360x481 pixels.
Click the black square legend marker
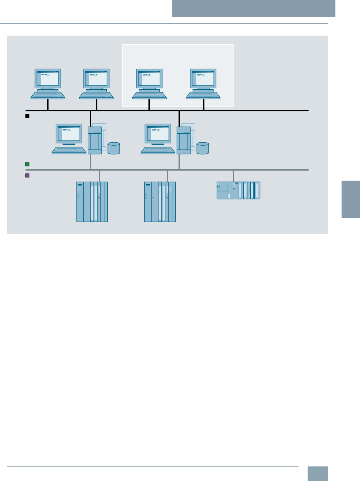(x=27, y=116)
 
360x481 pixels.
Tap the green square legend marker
(x=27, y=164)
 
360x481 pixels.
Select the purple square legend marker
(x=27, y=175)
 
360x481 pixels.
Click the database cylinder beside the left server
(x=114, y=148)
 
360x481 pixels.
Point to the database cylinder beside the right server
(x=202, y=148)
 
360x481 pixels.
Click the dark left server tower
(x=94, y=140)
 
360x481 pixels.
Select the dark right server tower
(x=183, y=140)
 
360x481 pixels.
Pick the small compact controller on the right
(x=238, y=190)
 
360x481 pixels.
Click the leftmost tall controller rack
(x=92, y=202)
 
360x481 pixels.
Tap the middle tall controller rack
(x=160, y=202)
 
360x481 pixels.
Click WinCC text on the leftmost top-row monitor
(x=45, y=75)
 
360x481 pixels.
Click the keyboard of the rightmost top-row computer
(x=203, y=95)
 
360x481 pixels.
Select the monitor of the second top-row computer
(x=96, y=78)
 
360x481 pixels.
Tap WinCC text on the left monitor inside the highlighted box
(x=147, y=75)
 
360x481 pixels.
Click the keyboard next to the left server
(x=69, y=151)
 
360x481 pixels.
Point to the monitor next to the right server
(x=158, y=133)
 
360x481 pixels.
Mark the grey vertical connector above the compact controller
(x=233, y=176)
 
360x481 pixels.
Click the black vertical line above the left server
(x=90, y=118)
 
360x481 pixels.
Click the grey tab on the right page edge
(x=351, y=199)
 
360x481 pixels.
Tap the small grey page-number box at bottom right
(x=317, y=474)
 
